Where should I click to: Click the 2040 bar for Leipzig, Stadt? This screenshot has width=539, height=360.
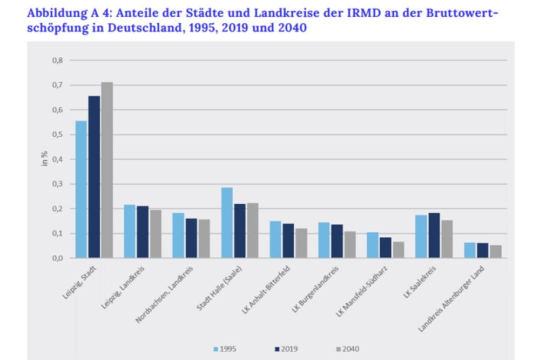pyautogui.click(x=107, y=170)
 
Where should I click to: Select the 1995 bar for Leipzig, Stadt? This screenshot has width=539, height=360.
pyautogui.click(x=81, y=190)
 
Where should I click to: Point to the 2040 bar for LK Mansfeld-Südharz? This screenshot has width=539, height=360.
pyautogui.click(x=399, y=250)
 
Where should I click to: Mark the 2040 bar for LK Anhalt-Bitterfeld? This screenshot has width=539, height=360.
pyautogui.click(x=301, y=243)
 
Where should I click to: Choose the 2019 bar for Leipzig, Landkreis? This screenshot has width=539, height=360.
pyautogui.click(x=143, y=232)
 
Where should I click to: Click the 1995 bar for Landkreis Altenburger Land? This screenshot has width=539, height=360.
pyautogui.click(x=470, y=250)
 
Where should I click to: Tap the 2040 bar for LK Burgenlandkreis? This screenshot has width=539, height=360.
pyautogui.click(x=350, y=245)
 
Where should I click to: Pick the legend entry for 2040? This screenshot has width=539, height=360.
pyautogui.click(x=343, y=349)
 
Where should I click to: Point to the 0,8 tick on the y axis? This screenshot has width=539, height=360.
pyautogui.click(x=57, y=61)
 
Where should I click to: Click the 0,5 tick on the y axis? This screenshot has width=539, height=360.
pyautogui.click(x=57, y=135)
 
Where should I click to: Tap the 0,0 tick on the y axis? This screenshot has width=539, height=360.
pyautogui.click(x=57, y=258)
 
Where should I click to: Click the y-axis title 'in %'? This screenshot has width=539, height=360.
pyautogui.click(x=45, y=159)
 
